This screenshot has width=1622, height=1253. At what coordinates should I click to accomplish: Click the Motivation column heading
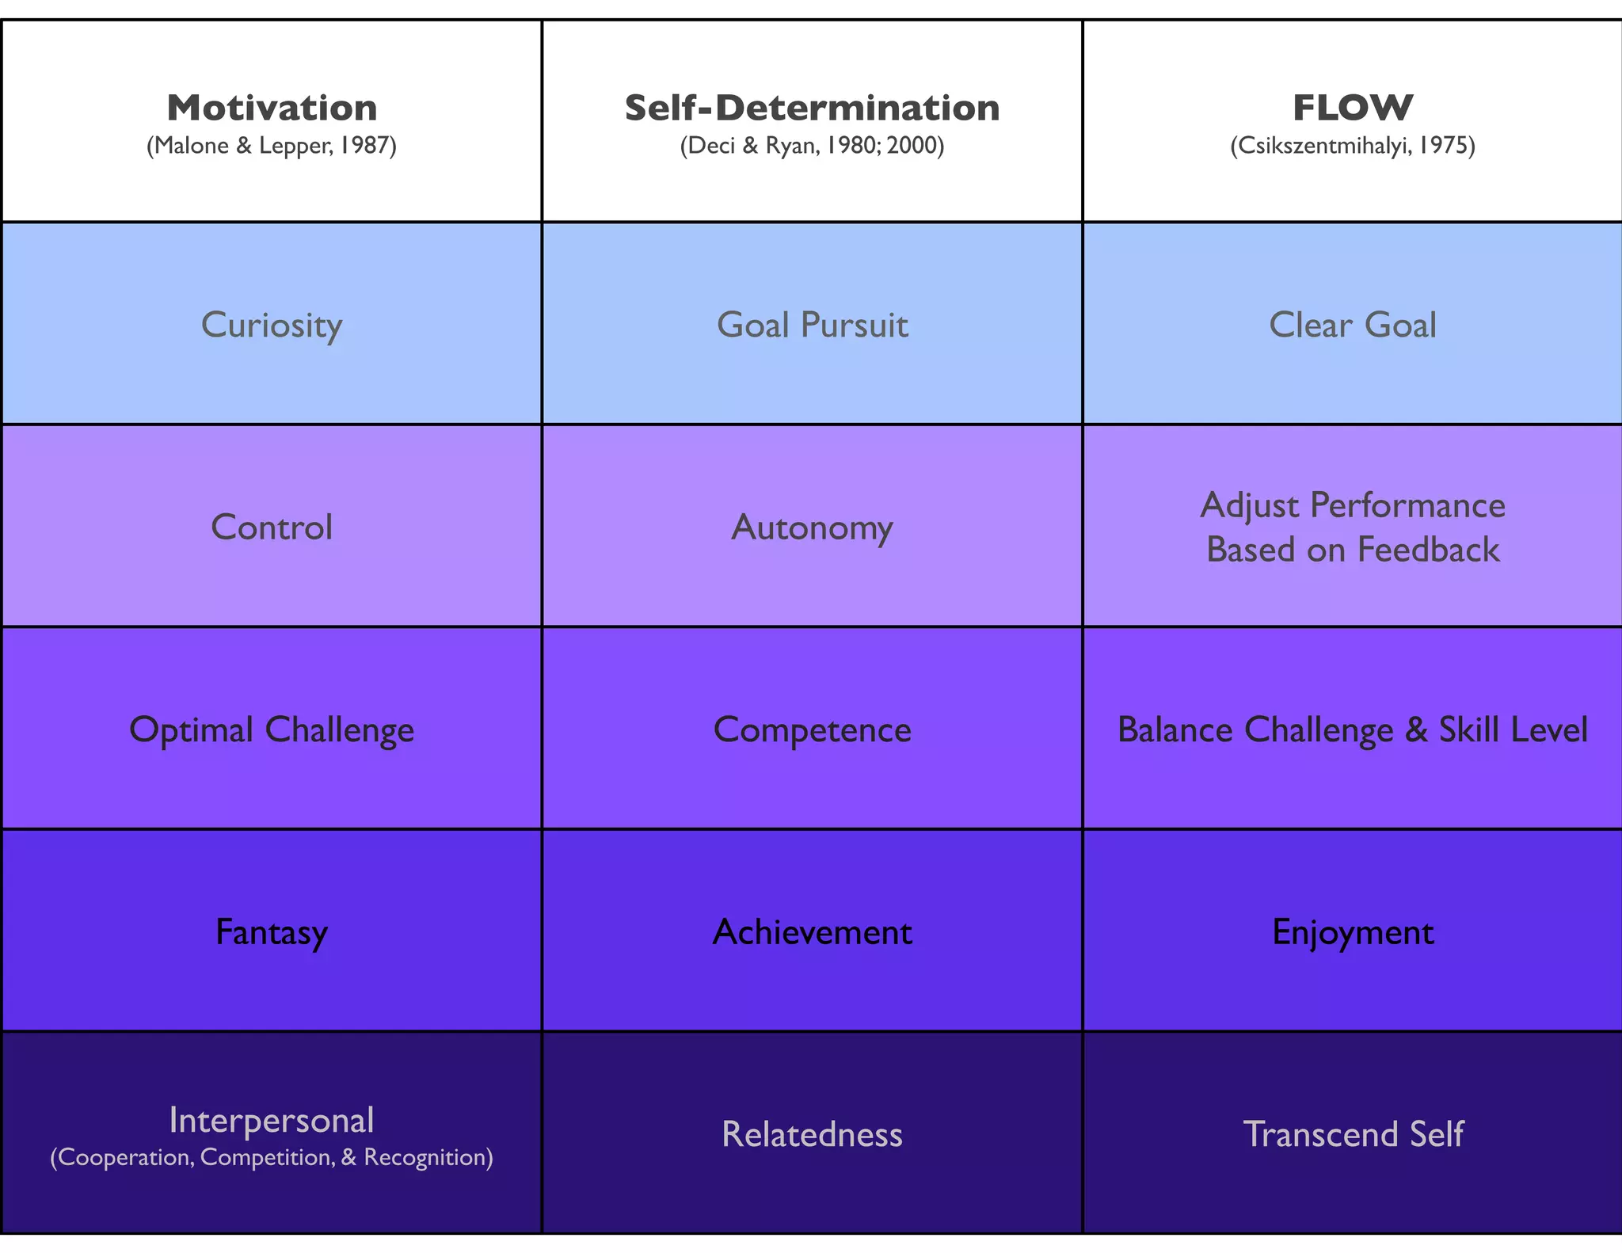pos(272,108)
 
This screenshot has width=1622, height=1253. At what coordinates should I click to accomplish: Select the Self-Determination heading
pos(812,108)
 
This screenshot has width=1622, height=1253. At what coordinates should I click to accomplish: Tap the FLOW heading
pos(1352,108)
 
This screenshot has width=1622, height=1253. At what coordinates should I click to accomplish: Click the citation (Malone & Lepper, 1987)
pos(272,146)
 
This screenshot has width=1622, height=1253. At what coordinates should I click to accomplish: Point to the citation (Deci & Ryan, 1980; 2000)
pos(812,146)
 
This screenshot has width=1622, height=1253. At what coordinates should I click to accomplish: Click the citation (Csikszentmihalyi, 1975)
pos(1352,146)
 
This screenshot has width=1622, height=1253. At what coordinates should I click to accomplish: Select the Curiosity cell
pos(272,325)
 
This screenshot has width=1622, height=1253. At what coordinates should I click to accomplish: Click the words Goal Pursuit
pos(812,325)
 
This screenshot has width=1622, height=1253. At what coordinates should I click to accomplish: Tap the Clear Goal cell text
pos(1352,325)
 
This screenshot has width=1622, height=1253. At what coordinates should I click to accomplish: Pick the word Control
pos(272,527)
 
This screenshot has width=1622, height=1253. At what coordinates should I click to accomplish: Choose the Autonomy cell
pos(812,527)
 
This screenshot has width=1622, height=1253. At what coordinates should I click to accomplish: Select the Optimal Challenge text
pos(272,729)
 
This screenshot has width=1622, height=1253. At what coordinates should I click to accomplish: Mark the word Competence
pos(812,729)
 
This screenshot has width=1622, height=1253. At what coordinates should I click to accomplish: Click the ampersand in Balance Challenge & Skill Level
pos(1416,729)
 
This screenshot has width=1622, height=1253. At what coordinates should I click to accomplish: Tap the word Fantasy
pos(272,932)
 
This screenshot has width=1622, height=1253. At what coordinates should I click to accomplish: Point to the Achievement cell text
pos(812,932)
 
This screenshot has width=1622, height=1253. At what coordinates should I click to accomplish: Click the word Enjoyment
pos(1352,932)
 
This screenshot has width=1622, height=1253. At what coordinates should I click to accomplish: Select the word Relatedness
pos(812,1134)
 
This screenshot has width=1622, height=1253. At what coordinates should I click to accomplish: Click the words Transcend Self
pos(1352,1134)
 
